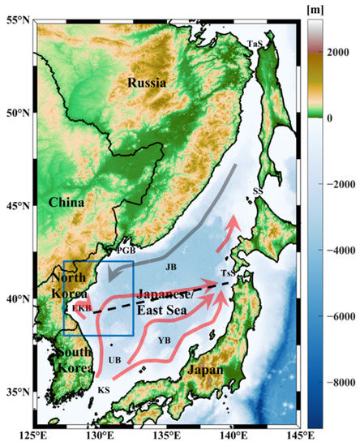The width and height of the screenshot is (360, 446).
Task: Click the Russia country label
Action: [x=146, y=83]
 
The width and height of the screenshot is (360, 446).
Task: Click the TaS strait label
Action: [x=257, y=44]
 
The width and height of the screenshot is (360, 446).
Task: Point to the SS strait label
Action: [x=257, y=191]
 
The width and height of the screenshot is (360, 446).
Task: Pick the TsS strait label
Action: [x=229, y=274]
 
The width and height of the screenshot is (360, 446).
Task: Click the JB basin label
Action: [x=170, y=266]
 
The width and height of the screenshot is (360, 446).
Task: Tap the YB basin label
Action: [x=165, y=339]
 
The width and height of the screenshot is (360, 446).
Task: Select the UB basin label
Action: [x=114, y=359]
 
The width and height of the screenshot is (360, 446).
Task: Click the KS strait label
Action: [x=104, y=390]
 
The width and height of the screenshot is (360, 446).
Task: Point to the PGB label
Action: [x=126, y=251]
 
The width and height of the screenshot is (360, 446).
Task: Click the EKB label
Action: [x=80, y=308]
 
